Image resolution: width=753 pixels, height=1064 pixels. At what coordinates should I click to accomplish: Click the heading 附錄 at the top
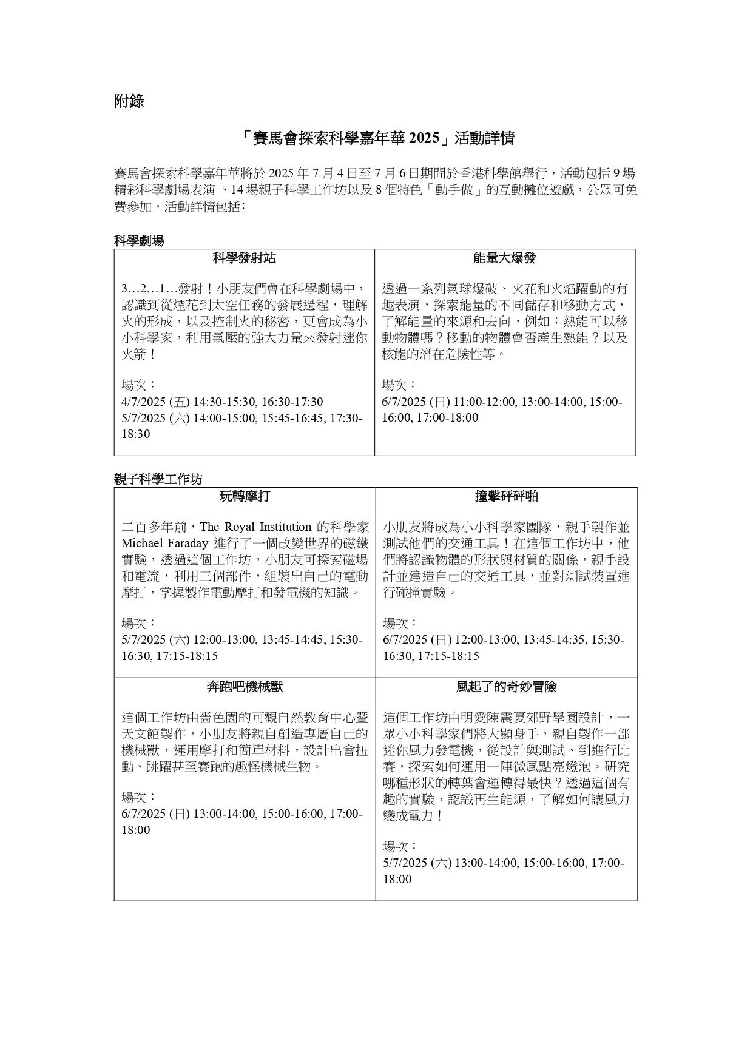point(129,101)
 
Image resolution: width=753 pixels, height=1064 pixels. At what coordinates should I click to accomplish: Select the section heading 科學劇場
point(139,241)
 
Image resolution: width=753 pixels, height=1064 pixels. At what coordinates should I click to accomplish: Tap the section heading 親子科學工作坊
point(158,479)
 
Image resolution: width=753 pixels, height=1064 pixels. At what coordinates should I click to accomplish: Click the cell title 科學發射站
point(244,258)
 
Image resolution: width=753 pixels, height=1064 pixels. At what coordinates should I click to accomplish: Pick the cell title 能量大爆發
point(505,258)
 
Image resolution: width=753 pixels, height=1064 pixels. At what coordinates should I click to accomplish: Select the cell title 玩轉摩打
point(245,497)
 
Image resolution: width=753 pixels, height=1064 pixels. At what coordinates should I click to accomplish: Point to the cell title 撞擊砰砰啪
point(506,497)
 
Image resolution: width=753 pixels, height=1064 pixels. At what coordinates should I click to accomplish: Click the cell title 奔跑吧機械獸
point(245,687)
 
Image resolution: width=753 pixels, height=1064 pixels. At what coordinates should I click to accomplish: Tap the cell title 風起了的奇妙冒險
point(506,687)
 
